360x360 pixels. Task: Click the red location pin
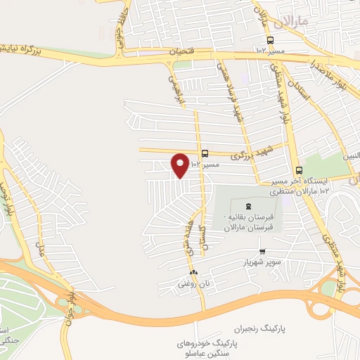180,165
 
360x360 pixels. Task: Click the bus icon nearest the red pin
205,153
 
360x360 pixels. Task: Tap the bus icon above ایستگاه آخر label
300,170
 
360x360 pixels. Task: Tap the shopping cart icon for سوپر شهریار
262,251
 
